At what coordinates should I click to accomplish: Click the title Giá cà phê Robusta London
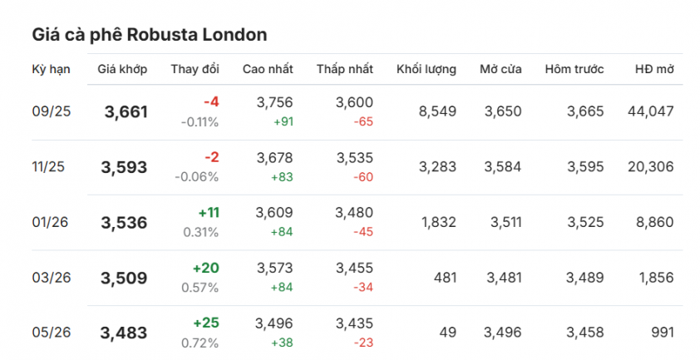(x=150, y=35)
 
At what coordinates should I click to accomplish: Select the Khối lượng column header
(x=426, y=69)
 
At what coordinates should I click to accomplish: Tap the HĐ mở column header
(x=653, y=69)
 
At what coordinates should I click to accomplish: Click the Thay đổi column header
(x=195, y=69)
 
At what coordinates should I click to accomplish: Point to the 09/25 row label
(x=52, y=111)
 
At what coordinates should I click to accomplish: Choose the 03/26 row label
(x=52, y=278)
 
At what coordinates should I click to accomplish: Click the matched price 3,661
(x=126, y=111)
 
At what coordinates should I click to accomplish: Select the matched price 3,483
(x=124, y=333)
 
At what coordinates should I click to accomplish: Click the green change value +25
(x=206, y=323)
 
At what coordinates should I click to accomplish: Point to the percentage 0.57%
(x=200, y=288)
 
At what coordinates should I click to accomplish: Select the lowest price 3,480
(x=354, y=213)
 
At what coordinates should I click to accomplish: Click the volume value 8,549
(x=437, y=111)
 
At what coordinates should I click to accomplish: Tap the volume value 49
(x=448, y=333)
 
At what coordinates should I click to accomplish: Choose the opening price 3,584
(x=503, y=167)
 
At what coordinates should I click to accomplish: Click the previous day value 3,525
(x=585, y=222)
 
